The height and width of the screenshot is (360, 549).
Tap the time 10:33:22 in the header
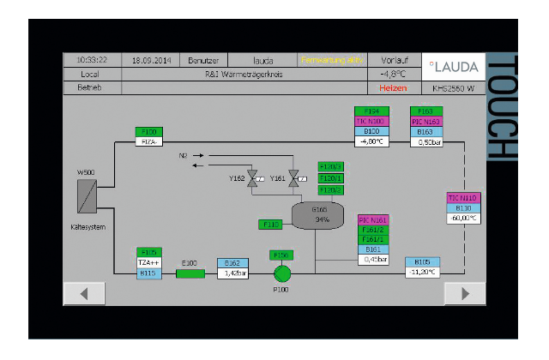coord(92,60)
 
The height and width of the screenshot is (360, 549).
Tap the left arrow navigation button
coord(86,292)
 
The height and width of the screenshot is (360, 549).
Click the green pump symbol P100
coord(281,273)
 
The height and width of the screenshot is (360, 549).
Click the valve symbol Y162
coord(253,177)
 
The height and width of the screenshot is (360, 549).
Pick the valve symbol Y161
coord(293,177)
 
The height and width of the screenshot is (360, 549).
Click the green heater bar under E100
coord(190,273)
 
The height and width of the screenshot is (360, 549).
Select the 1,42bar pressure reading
coord(232,273)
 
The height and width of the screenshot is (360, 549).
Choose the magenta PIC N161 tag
coord(373,220)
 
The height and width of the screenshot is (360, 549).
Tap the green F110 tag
coord(270,225)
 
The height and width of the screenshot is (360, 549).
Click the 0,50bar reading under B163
coord(426,142)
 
